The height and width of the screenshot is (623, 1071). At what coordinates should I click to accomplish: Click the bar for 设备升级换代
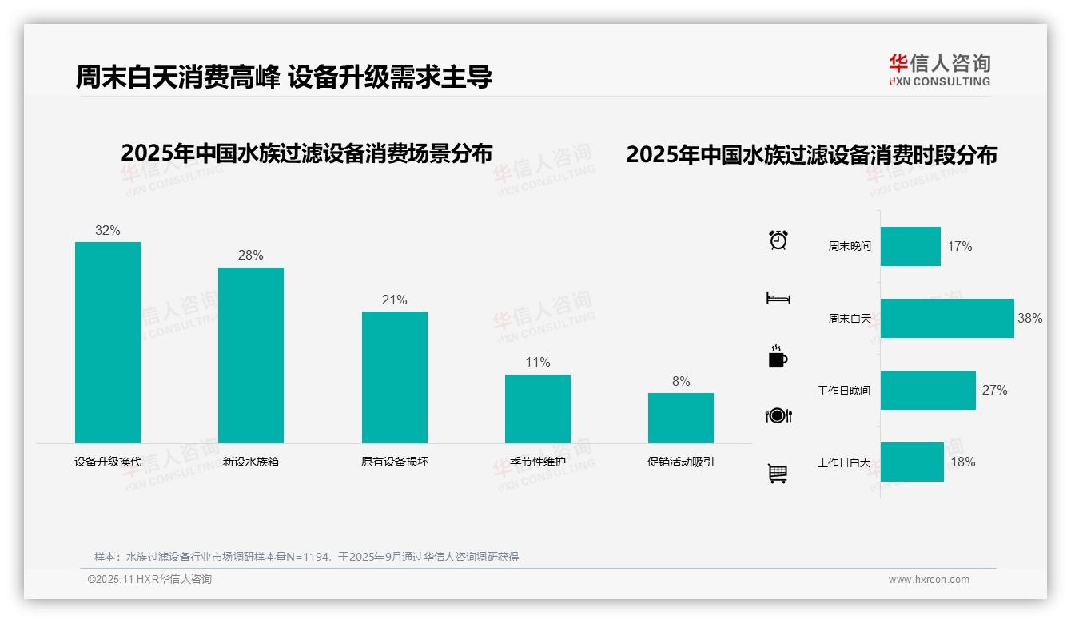pyautogui.click(x=108, y=343)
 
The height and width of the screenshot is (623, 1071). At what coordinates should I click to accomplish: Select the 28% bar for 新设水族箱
pyautogui.click(x=251, y=355)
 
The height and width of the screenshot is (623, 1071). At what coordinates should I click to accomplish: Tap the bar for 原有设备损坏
pyautogui.click(x=395, y=377)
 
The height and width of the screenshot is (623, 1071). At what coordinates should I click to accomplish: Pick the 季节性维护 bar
pyautogui.click(x=538, y=409)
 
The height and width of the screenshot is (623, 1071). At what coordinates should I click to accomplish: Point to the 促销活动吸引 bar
pyautogui.click(x=681, y=418)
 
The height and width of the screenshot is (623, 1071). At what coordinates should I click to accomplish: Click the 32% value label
pyautogui.click(x=108, y=231)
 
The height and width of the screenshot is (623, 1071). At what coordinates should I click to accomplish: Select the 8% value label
pyautogui.click(x=681, y=382)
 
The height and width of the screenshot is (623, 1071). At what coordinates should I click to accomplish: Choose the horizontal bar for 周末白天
pyautogui.click(x=947, y=318)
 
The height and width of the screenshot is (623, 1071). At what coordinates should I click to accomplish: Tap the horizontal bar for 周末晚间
pyautogui.click(x=910, y=246)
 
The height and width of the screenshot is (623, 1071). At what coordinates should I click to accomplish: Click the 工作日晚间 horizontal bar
pyautogui.click(x=928, y=390)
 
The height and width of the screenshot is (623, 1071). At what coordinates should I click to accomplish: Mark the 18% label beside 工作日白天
pyautogui.click(x=963, y=462)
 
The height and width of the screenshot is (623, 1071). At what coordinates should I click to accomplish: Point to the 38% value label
pyautogui.click(x=1029, y=318)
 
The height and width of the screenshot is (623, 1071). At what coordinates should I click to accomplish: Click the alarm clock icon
pyautogui.click(x=778, y=240)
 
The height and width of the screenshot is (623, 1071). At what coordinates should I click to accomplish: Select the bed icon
pyautogui.click(x=778, y=298)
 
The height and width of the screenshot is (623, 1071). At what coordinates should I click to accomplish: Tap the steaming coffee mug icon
pyautogui.click(x=778, y=357)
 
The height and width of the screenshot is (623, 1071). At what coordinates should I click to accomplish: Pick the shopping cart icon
pyautogui.click(x=778, y=474)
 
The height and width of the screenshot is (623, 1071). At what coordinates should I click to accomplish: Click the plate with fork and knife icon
pyautogui.click(x=778, y=415)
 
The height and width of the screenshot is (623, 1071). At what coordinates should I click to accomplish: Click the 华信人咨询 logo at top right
pyautogui.click(x=940, y=69)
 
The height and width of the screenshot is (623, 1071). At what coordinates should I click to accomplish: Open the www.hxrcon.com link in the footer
pyautogui.click(x=929, y=580)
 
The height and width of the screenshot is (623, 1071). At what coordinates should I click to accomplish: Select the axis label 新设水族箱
pyautogui.click(x=251, y=462)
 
